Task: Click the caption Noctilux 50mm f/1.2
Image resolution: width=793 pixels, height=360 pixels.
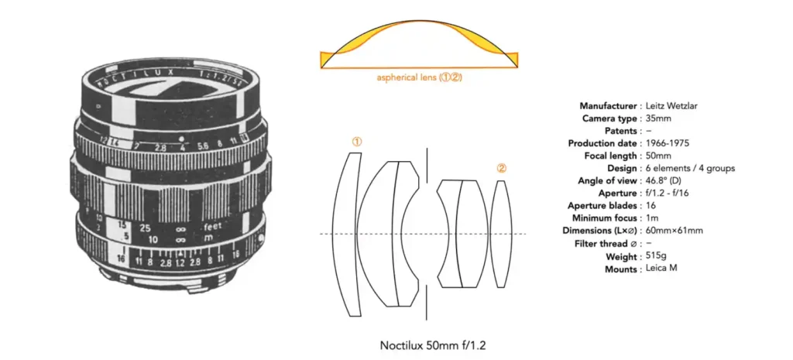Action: click(434, 346)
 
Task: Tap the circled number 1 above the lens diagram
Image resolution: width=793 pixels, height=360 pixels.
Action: click(357, 142)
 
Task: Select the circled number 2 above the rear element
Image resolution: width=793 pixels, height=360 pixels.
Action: click(501, 170)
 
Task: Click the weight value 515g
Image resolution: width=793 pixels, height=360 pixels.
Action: click(657, 255)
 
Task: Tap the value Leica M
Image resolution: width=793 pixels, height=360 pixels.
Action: click(661, 268)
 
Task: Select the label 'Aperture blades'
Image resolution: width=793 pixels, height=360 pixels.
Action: click(601, 206)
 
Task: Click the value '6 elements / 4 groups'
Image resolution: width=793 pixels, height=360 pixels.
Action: click(690, 168)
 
